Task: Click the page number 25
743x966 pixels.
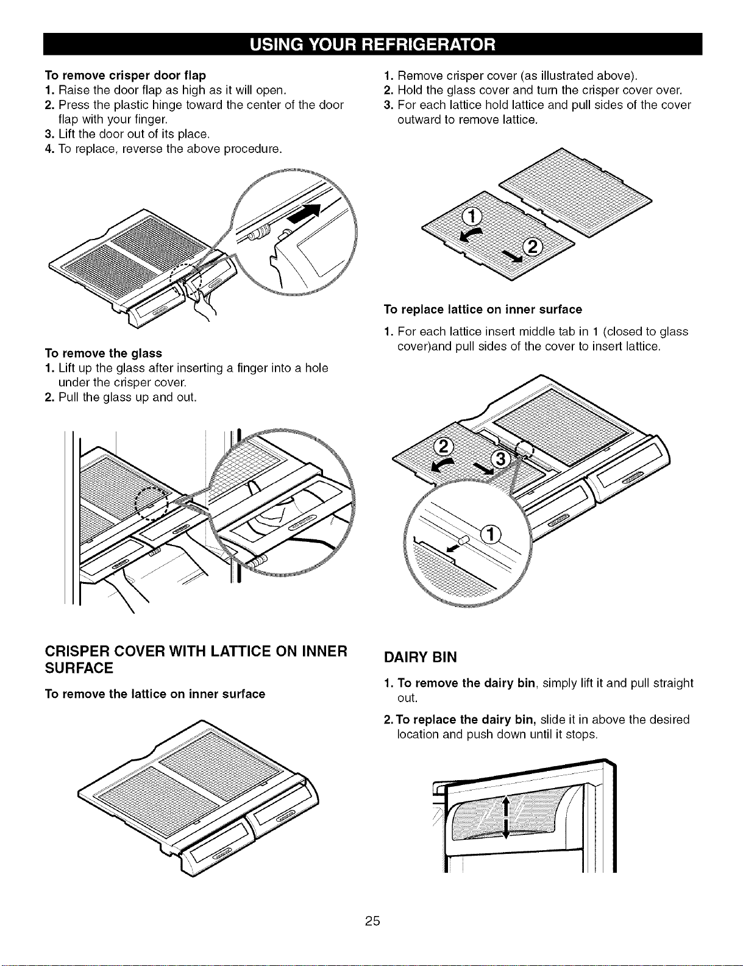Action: click(x=372, y=920)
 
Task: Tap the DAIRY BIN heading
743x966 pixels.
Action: click(x=421, y=657)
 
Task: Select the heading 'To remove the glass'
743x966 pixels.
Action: click(x=103, y=353)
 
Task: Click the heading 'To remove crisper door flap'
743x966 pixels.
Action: click(x=126, y=75)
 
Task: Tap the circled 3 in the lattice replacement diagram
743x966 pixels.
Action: click(x=500, y=460)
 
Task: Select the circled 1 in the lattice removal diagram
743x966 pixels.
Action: click(x=473, y=218)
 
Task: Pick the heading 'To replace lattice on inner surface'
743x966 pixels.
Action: click(x=483, y=310)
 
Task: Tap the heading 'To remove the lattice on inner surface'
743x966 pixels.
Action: click(x=155, y=694)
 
